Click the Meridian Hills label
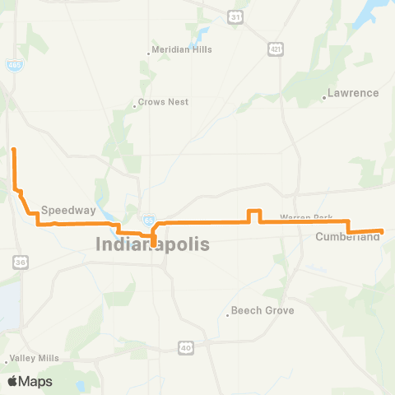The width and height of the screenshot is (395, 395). pos(183,49)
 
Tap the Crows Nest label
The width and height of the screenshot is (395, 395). pos(165,102)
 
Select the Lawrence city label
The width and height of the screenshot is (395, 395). pos(353,93)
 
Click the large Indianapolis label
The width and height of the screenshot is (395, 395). pos(153,244)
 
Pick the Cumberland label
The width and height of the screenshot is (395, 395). pos(348,237)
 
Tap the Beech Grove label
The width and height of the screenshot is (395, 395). pos(263,310)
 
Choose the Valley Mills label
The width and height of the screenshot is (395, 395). pos(35,359)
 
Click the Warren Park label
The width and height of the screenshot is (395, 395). pos(305,217)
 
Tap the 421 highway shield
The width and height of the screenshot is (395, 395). pos(276,50)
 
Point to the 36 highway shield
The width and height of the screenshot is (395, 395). pos(19,262)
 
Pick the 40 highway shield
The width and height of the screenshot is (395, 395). pos(186,348)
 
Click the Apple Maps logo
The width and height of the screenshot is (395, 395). pos(30,381)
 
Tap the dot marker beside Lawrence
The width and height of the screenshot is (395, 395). pos(325,99)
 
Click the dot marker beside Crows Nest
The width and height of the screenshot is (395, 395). pos(135,106)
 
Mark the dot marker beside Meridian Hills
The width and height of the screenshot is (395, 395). pos(149,53)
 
